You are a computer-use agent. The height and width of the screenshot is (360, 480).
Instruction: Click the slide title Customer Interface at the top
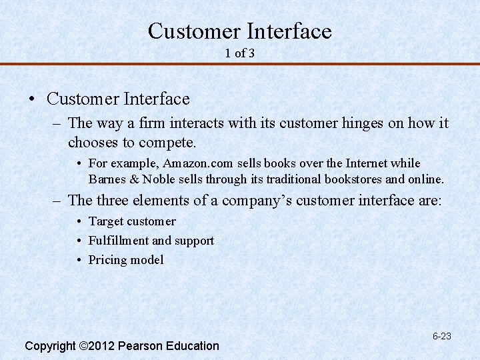239,31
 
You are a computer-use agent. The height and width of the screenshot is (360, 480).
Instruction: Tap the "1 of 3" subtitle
240,53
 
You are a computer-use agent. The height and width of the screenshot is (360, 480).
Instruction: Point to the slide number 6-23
441,336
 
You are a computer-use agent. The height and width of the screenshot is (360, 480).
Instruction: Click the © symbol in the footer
83,346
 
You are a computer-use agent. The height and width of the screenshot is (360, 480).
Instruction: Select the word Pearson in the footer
141,346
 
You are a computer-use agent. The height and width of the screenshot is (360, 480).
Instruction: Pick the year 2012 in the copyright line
103,346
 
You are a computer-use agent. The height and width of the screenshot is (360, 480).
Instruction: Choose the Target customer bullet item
132,221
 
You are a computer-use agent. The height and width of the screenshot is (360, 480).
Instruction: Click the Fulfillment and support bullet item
151,241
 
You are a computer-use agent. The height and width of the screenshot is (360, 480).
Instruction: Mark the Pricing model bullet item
125,260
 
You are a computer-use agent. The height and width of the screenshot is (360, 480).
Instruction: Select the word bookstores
351,179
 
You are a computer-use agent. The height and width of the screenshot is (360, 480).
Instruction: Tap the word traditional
293,179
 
